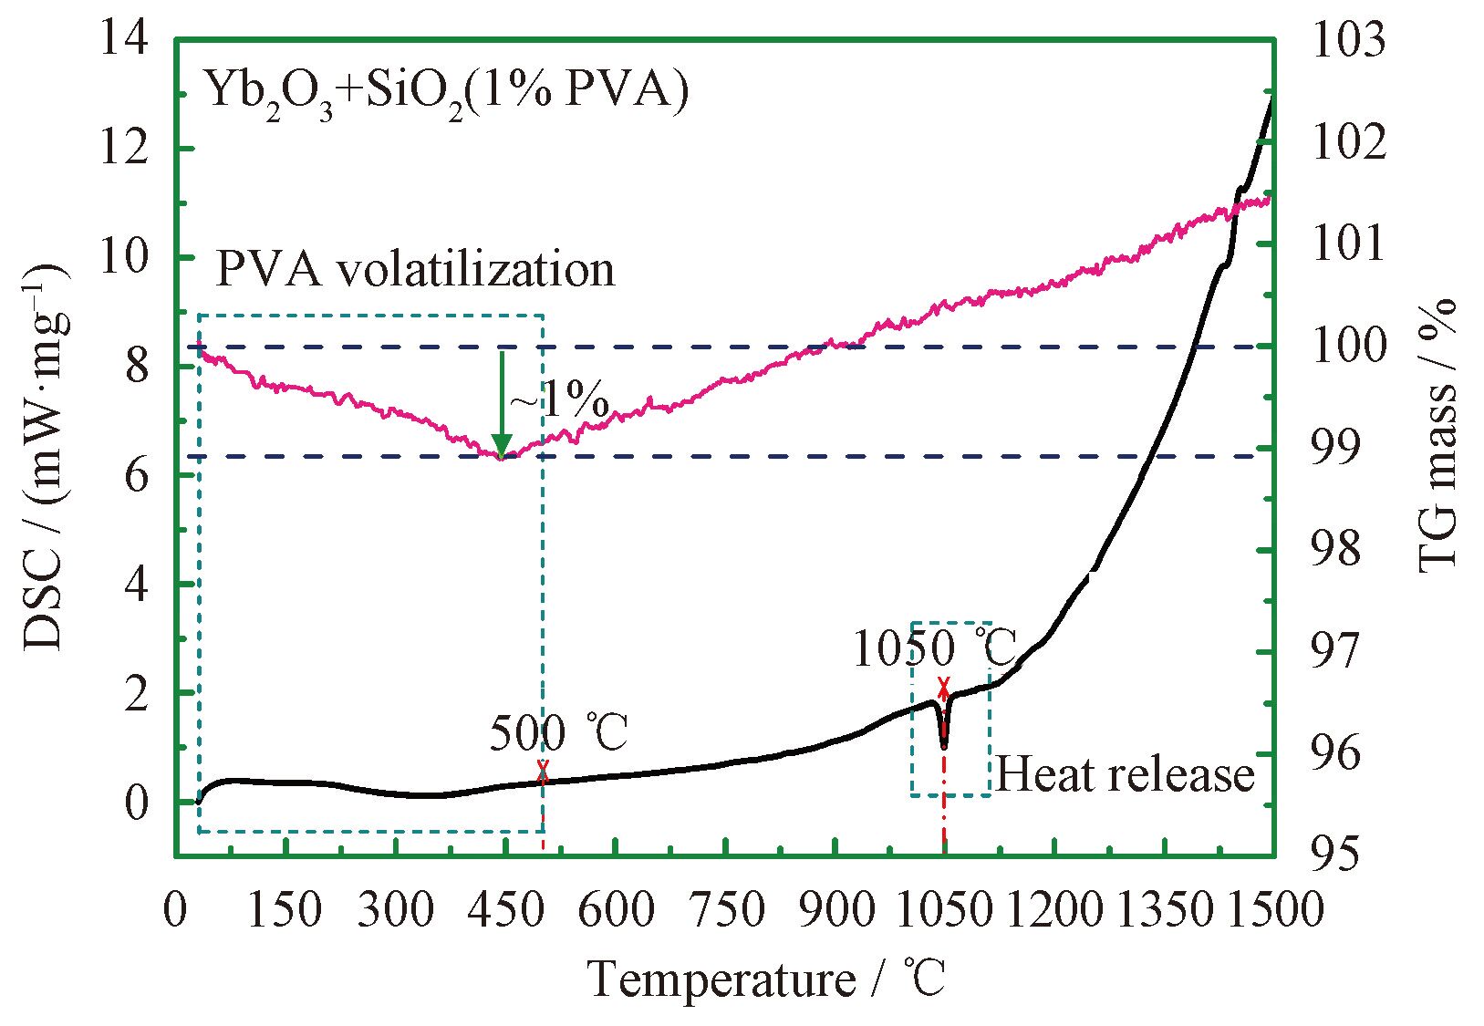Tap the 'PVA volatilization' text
pos(415,270)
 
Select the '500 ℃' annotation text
pos(559,735)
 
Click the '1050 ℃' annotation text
pos(935,649)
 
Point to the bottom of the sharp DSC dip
pos(944,747)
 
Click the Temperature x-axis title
pos(767,981)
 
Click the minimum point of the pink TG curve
pos(500,456)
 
